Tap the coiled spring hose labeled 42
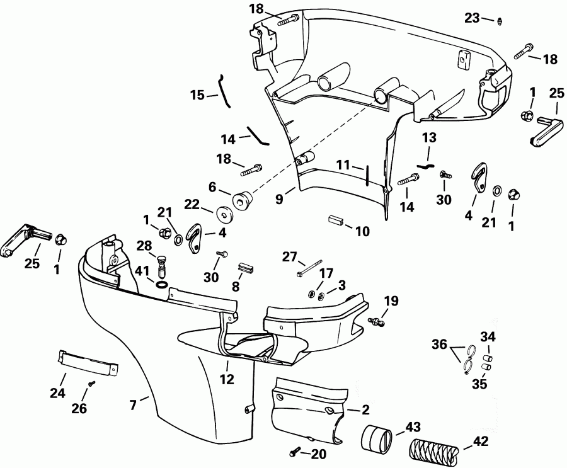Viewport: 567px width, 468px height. (x=434, y=449)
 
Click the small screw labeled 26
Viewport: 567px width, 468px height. (x=92, y=383)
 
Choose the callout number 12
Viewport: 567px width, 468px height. (x=227, y=379)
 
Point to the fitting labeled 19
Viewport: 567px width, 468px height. (x=377, y=322)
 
